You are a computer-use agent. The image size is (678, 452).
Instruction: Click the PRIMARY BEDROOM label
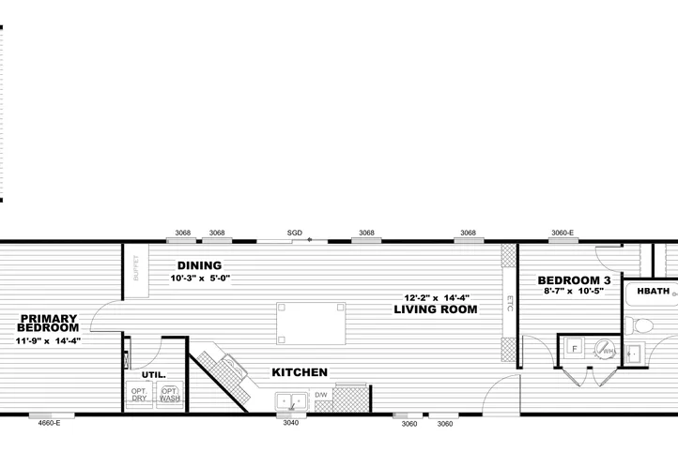coord(49,323)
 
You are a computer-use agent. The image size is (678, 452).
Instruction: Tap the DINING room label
coord(198,265)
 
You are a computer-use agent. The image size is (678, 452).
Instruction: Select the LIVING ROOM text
coord(431,309)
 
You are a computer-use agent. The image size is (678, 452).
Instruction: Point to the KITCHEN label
coord(300,372)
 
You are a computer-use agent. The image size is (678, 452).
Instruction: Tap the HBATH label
coord(653,292)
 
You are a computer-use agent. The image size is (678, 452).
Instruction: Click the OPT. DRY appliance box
coord(139,394)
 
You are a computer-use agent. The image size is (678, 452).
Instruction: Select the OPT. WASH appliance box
coord(170,394)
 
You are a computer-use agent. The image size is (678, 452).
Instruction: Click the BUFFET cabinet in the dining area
coord(134,269)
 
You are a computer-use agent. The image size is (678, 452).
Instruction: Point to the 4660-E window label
coord(49,423)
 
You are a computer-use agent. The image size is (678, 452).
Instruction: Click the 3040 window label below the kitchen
coord(291,423)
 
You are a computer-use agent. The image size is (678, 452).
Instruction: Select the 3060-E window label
coord(562,233)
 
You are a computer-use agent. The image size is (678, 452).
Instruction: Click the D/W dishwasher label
coord(320,395)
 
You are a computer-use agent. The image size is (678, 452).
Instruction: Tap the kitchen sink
coord(292,402)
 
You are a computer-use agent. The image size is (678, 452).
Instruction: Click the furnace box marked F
coord(573,348)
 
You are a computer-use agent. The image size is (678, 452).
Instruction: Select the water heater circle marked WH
coord(607,351)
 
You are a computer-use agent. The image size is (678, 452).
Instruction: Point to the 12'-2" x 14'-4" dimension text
coord(431,297)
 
